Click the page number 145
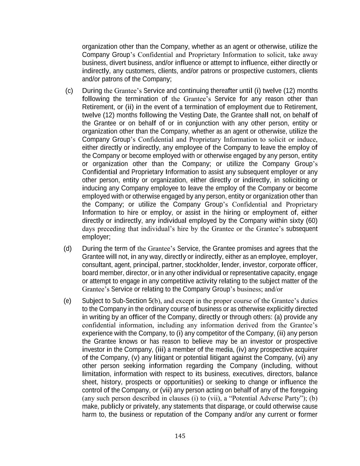coord(180,436)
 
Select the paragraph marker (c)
coord(69,90)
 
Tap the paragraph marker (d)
coord(68,248)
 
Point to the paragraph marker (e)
coord(68,301)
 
